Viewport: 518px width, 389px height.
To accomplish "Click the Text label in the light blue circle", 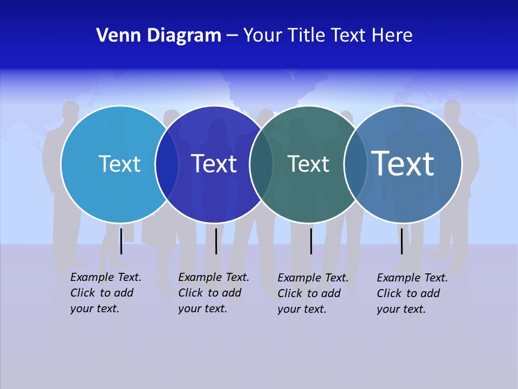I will click(x=119, y=164).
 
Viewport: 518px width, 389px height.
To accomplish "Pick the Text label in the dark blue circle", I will click(x=214, y=164).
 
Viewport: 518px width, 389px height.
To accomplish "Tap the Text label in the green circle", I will click(x=308, y=164).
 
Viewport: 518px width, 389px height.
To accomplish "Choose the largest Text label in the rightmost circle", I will click(x=403, y=163).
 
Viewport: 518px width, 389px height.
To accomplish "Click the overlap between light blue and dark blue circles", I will click(x=167, y=164).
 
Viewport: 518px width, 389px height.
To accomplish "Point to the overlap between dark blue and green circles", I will click(x=261, y=164).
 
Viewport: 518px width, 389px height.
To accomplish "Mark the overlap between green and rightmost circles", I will click(x=356, y=164).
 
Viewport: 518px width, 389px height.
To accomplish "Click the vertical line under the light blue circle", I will click(x=121, y=240).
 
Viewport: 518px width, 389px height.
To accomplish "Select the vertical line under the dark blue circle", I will click(x=216, y=241).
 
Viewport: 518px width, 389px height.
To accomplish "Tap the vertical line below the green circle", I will click(x=311, y=241).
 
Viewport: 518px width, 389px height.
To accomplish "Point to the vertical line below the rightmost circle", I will click(x=402, y=241).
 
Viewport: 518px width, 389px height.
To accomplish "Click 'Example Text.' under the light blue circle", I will click(x=106, y=277).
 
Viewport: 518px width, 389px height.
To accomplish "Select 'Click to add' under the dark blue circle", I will click(x=209, y=293).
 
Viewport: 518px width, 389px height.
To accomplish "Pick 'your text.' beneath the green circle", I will click(x=302, y=309).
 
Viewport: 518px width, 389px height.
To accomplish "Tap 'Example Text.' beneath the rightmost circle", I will click(x=412, y=278).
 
